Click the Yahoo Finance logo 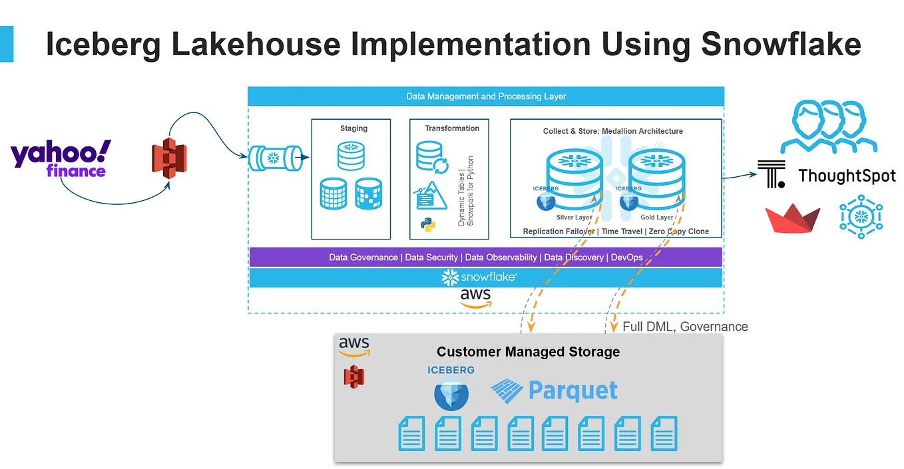61,158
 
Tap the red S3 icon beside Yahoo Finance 170,158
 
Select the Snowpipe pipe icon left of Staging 276,158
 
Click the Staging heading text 354,128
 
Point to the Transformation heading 452,128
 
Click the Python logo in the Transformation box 428,225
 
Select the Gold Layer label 656,218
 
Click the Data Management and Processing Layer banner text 486,96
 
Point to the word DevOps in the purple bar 627,257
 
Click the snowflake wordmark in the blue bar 479,277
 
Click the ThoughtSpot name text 847,176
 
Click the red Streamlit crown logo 793,218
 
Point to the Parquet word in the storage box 573,391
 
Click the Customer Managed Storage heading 529,352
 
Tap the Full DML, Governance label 685,327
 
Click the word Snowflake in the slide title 782,44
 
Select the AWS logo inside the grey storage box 354,347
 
